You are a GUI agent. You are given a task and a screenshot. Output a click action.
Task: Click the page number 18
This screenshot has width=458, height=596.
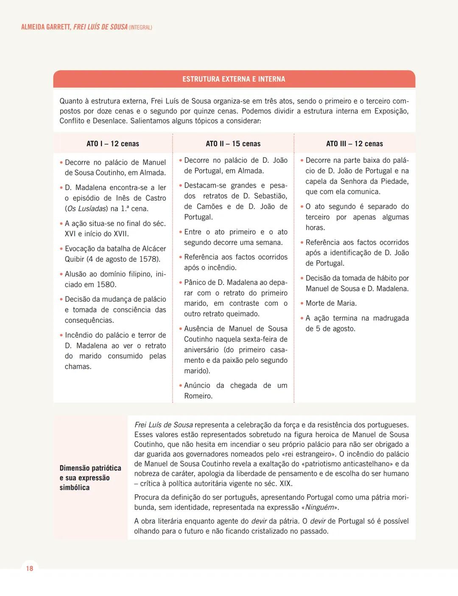coord(29,568)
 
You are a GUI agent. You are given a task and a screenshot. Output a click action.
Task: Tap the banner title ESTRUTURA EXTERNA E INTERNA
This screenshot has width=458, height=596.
coord(234,79)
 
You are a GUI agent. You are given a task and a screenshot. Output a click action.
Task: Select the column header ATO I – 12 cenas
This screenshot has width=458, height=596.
coord(113,144)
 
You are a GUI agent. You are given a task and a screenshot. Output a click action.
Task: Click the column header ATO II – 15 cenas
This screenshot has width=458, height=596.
coord(233,144)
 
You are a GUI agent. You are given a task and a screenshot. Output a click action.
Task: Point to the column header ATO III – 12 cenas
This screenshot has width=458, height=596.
coord(355,144)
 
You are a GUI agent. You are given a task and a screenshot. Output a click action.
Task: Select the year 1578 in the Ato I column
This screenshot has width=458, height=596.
coord(148,259)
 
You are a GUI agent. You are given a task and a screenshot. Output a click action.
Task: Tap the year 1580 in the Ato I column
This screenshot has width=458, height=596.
coord(106,284)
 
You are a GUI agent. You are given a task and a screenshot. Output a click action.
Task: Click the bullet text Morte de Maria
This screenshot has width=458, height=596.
coord(331,303)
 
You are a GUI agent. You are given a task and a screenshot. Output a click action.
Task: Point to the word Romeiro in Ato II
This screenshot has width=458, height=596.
coord(198,396)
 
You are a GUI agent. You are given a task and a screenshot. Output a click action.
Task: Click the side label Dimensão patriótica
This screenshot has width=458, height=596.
coord(90,468)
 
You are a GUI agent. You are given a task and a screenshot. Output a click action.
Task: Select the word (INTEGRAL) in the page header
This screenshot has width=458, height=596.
coord(140,28)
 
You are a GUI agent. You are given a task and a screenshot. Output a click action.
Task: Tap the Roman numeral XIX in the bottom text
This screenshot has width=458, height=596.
coord(286,483)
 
